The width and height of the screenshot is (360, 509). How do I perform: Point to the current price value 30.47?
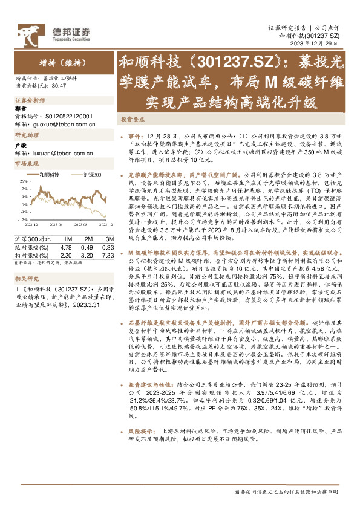point(59,87)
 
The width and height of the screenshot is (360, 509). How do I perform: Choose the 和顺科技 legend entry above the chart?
point(50,174)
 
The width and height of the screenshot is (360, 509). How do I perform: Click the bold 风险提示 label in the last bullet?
point(137,448)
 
